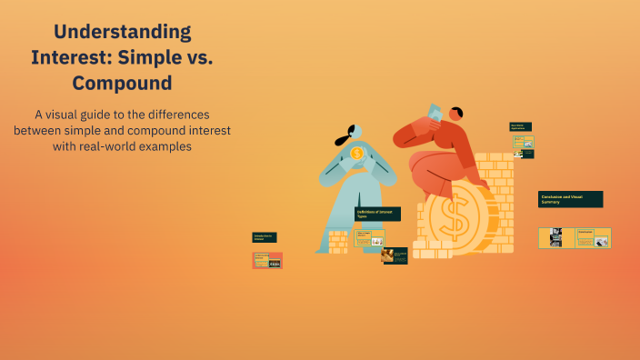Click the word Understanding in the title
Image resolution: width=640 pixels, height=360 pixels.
click(x=123, y=32)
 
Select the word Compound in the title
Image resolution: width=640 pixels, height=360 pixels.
click(x=122, y=84)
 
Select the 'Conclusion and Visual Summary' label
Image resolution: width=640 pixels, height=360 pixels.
click(x=570, y=198)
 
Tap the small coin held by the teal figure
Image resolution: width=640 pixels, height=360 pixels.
click(x=357, y=153)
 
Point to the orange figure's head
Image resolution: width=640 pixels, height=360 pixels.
click(x=455, y=115)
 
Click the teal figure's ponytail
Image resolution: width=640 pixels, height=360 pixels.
click(x=342, y=141)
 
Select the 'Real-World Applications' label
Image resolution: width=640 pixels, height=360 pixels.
click(x=520, y=127)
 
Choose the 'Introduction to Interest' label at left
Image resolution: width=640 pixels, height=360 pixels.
click(x=265, y=237)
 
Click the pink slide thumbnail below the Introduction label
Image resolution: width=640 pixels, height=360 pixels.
click(x=267, y=260)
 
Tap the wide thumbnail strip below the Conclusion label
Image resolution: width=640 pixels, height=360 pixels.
click(x=575, y=237)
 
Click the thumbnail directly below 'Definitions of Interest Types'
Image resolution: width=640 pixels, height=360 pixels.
click(x=369, y=237)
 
